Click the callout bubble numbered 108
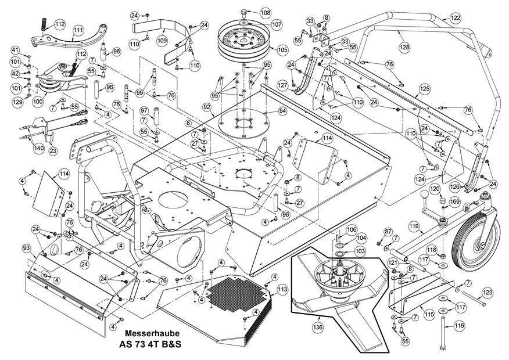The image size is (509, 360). point(265,12)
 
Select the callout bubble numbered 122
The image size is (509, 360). point(455,18)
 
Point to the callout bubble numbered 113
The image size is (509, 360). point(282,289)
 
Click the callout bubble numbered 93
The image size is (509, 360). point(26,249)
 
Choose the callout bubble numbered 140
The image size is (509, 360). point(39,148)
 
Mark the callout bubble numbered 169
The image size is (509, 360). point(454,201)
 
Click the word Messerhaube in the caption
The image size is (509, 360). point(152,334)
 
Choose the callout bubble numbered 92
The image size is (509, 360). point(206,107)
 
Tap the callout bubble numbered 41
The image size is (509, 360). point(15,49)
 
